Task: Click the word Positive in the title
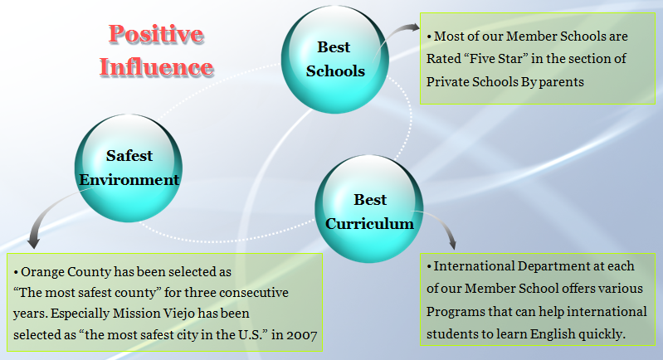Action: coord(156,34)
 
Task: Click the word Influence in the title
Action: coord(157,66)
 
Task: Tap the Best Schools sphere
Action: coord(335,59)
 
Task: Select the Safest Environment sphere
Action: coord(129,168)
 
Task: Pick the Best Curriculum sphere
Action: coord(369,209)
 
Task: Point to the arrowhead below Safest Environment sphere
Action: coord(33,241)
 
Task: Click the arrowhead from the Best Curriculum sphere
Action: coord(452,242)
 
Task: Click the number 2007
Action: coord(302,335)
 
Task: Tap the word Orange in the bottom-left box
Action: coord(42,273)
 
